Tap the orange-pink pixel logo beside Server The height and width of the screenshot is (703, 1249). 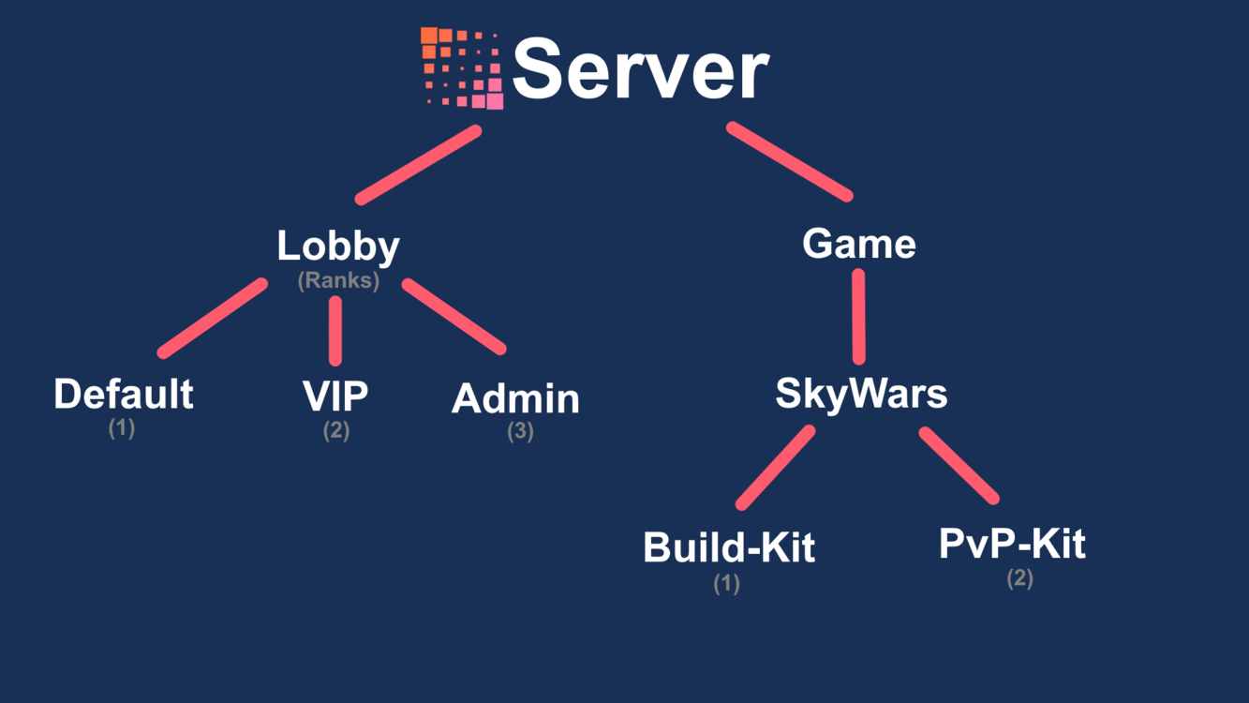point(461,67)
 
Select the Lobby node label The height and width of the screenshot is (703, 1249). point(338,247)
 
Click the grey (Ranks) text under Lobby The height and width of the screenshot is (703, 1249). point(338,280)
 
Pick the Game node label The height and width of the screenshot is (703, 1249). point(858,245)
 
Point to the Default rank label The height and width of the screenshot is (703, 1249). point(124,395)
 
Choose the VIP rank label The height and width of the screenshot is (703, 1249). point(335,397)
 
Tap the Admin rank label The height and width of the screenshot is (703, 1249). point(515,399)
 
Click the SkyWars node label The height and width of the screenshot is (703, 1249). point(861,394)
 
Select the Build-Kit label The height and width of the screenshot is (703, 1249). point(729,547)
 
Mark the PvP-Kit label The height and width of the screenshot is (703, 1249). point(1012,544)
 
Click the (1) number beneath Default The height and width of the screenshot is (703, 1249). point(122,428)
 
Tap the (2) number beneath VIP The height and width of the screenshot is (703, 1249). point(336,431)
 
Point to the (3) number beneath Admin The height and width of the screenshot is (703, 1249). point(520,432)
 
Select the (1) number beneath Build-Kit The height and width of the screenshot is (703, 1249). point(726,583)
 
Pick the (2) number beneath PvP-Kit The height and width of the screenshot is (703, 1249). point(1019,578)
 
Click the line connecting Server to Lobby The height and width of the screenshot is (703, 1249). point(418,165)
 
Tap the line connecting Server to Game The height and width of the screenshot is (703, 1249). point(789,161)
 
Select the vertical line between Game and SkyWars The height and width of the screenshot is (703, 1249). point(858,317)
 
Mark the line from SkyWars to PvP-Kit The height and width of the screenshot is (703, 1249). point(959,466)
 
